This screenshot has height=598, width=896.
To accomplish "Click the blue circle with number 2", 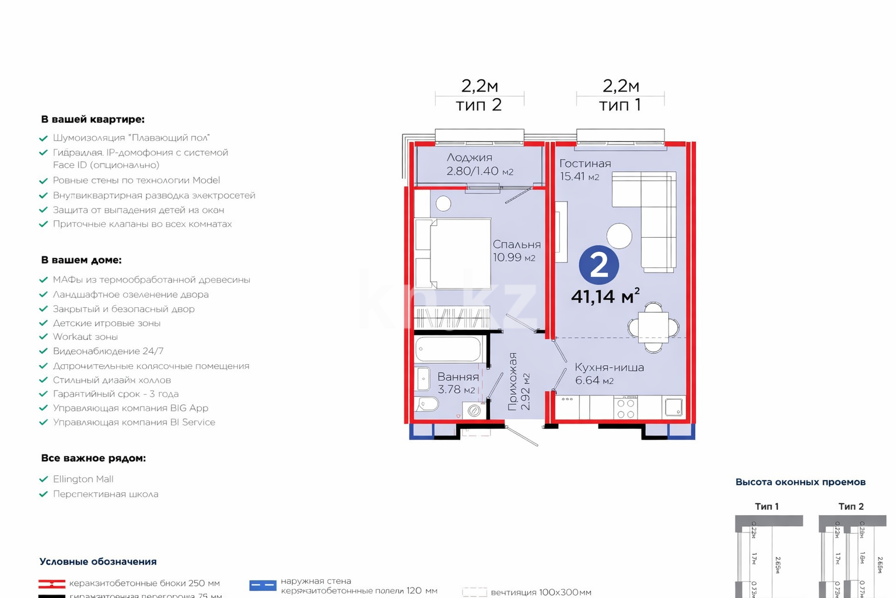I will tap(598, 265).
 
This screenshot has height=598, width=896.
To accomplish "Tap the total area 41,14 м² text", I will tap(605, 296).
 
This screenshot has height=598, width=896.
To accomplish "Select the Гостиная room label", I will tap(584, 164).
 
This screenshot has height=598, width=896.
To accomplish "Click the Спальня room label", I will tap(516, 245).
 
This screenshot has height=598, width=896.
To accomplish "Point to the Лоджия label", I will tap(469, 158).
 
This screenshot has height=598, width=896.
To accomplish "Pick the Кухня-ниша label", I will tap(609, 367).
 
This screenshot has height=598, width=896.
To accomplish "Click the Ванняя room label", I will tap(458, 377).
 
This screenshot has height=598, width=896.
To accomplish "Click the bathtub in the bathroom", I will tap(448, 350).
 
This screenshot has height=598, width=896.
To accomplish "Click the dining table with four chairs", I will tap(653, 328).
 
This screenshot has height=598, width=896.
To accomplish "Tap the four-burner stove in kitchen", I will tap(625, 408).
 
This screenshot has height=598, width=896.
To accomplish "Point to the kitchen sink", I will tap(674, 407).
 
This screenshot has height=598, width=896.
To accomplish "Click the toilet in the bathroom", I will tap(426, 404).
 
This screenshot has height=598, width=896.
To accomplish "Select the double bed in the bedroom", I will tap(453, 253).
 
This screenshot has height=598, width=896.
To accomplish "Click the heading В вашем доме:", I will tap(81, 260).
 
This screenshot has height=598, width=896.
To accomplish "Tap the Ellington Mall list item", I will tap(83, 479).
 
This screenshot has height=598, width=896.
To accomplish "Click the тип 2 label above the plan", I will tap(478, 105).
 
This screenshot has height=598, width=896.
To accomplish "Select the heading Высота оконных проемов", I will tap(800, 482).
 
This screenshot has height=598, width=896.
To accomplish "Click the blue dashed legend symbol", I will tap(262, 585).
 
